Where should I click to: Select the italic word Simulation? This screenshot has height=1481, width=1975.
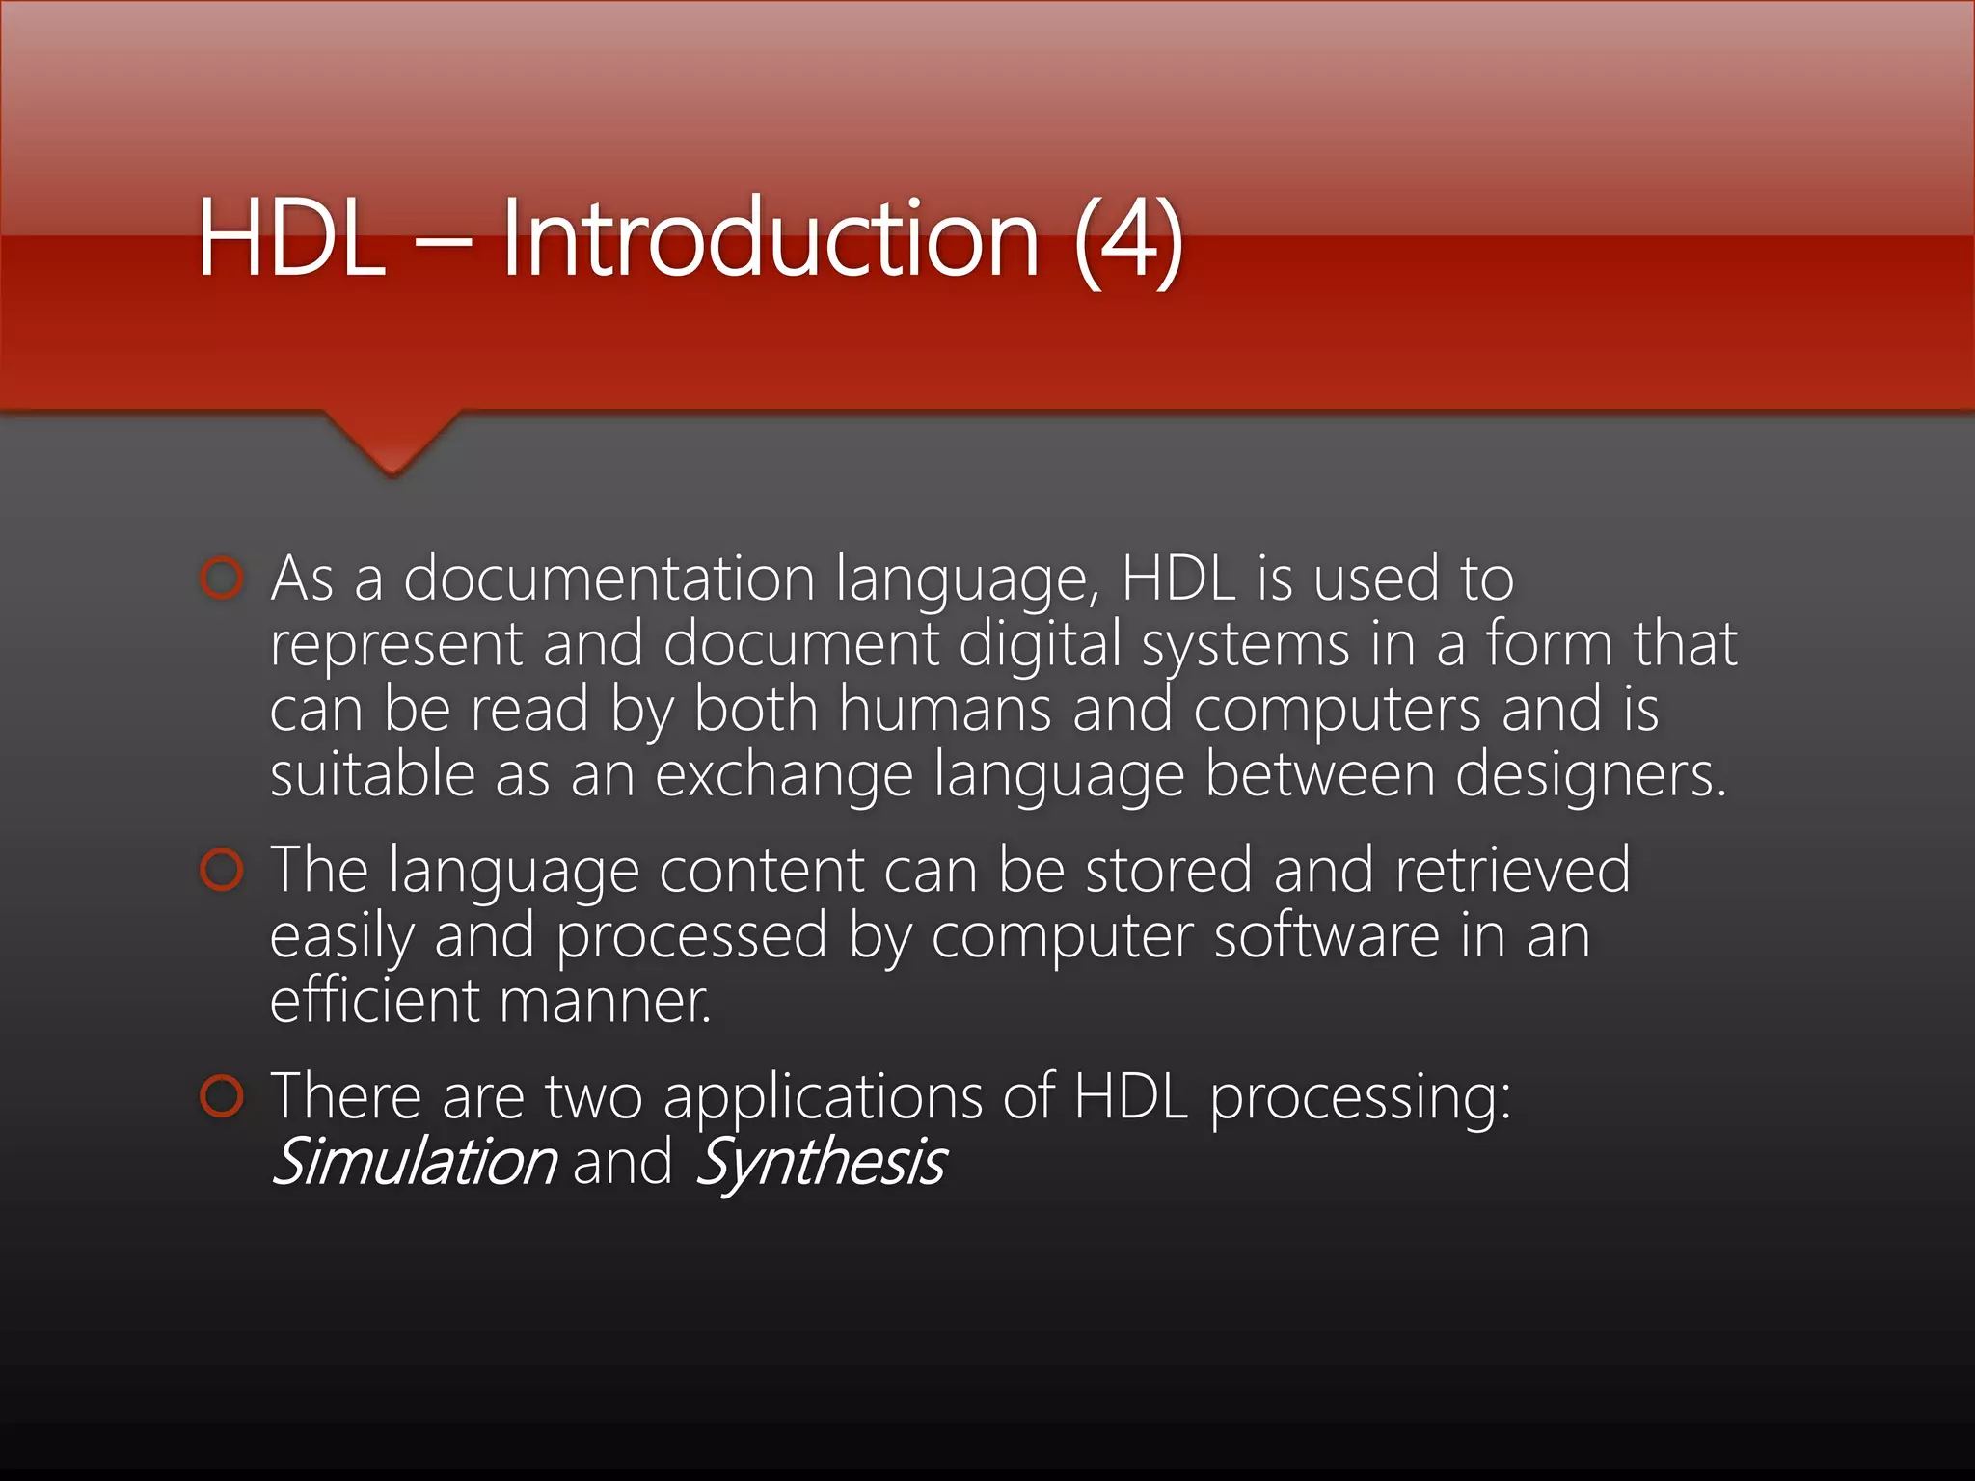[415, 1161]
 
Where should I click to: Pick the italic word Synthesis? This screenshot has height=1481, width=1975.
[820, 1163]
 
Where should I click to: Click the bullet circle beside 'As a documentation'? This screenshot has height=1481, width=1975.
[222, 579]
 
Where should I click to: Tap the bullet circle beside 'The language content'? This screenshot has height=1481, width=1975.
[222, 870]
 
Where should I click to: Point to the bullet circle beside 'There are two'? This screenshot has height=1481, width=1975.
[222, 1096]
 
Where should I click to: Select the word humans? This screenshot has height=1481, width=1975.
[944, 710]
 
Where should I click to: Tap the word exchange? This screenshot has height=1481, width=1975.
[783, 775]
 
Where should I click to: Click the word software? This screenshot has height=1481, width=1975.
[1326, 935]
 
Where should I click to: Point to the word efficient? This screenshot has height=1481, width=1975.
[373, 1000]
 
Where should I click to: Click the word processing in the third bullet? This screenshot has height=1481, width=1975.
[1360, 1098]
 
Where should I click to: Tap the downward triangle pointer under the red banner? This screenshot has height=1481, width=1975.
[392, 444]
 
